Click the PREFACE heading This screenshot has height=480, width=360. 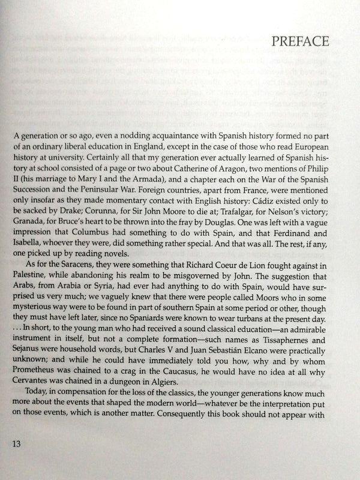301,42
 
